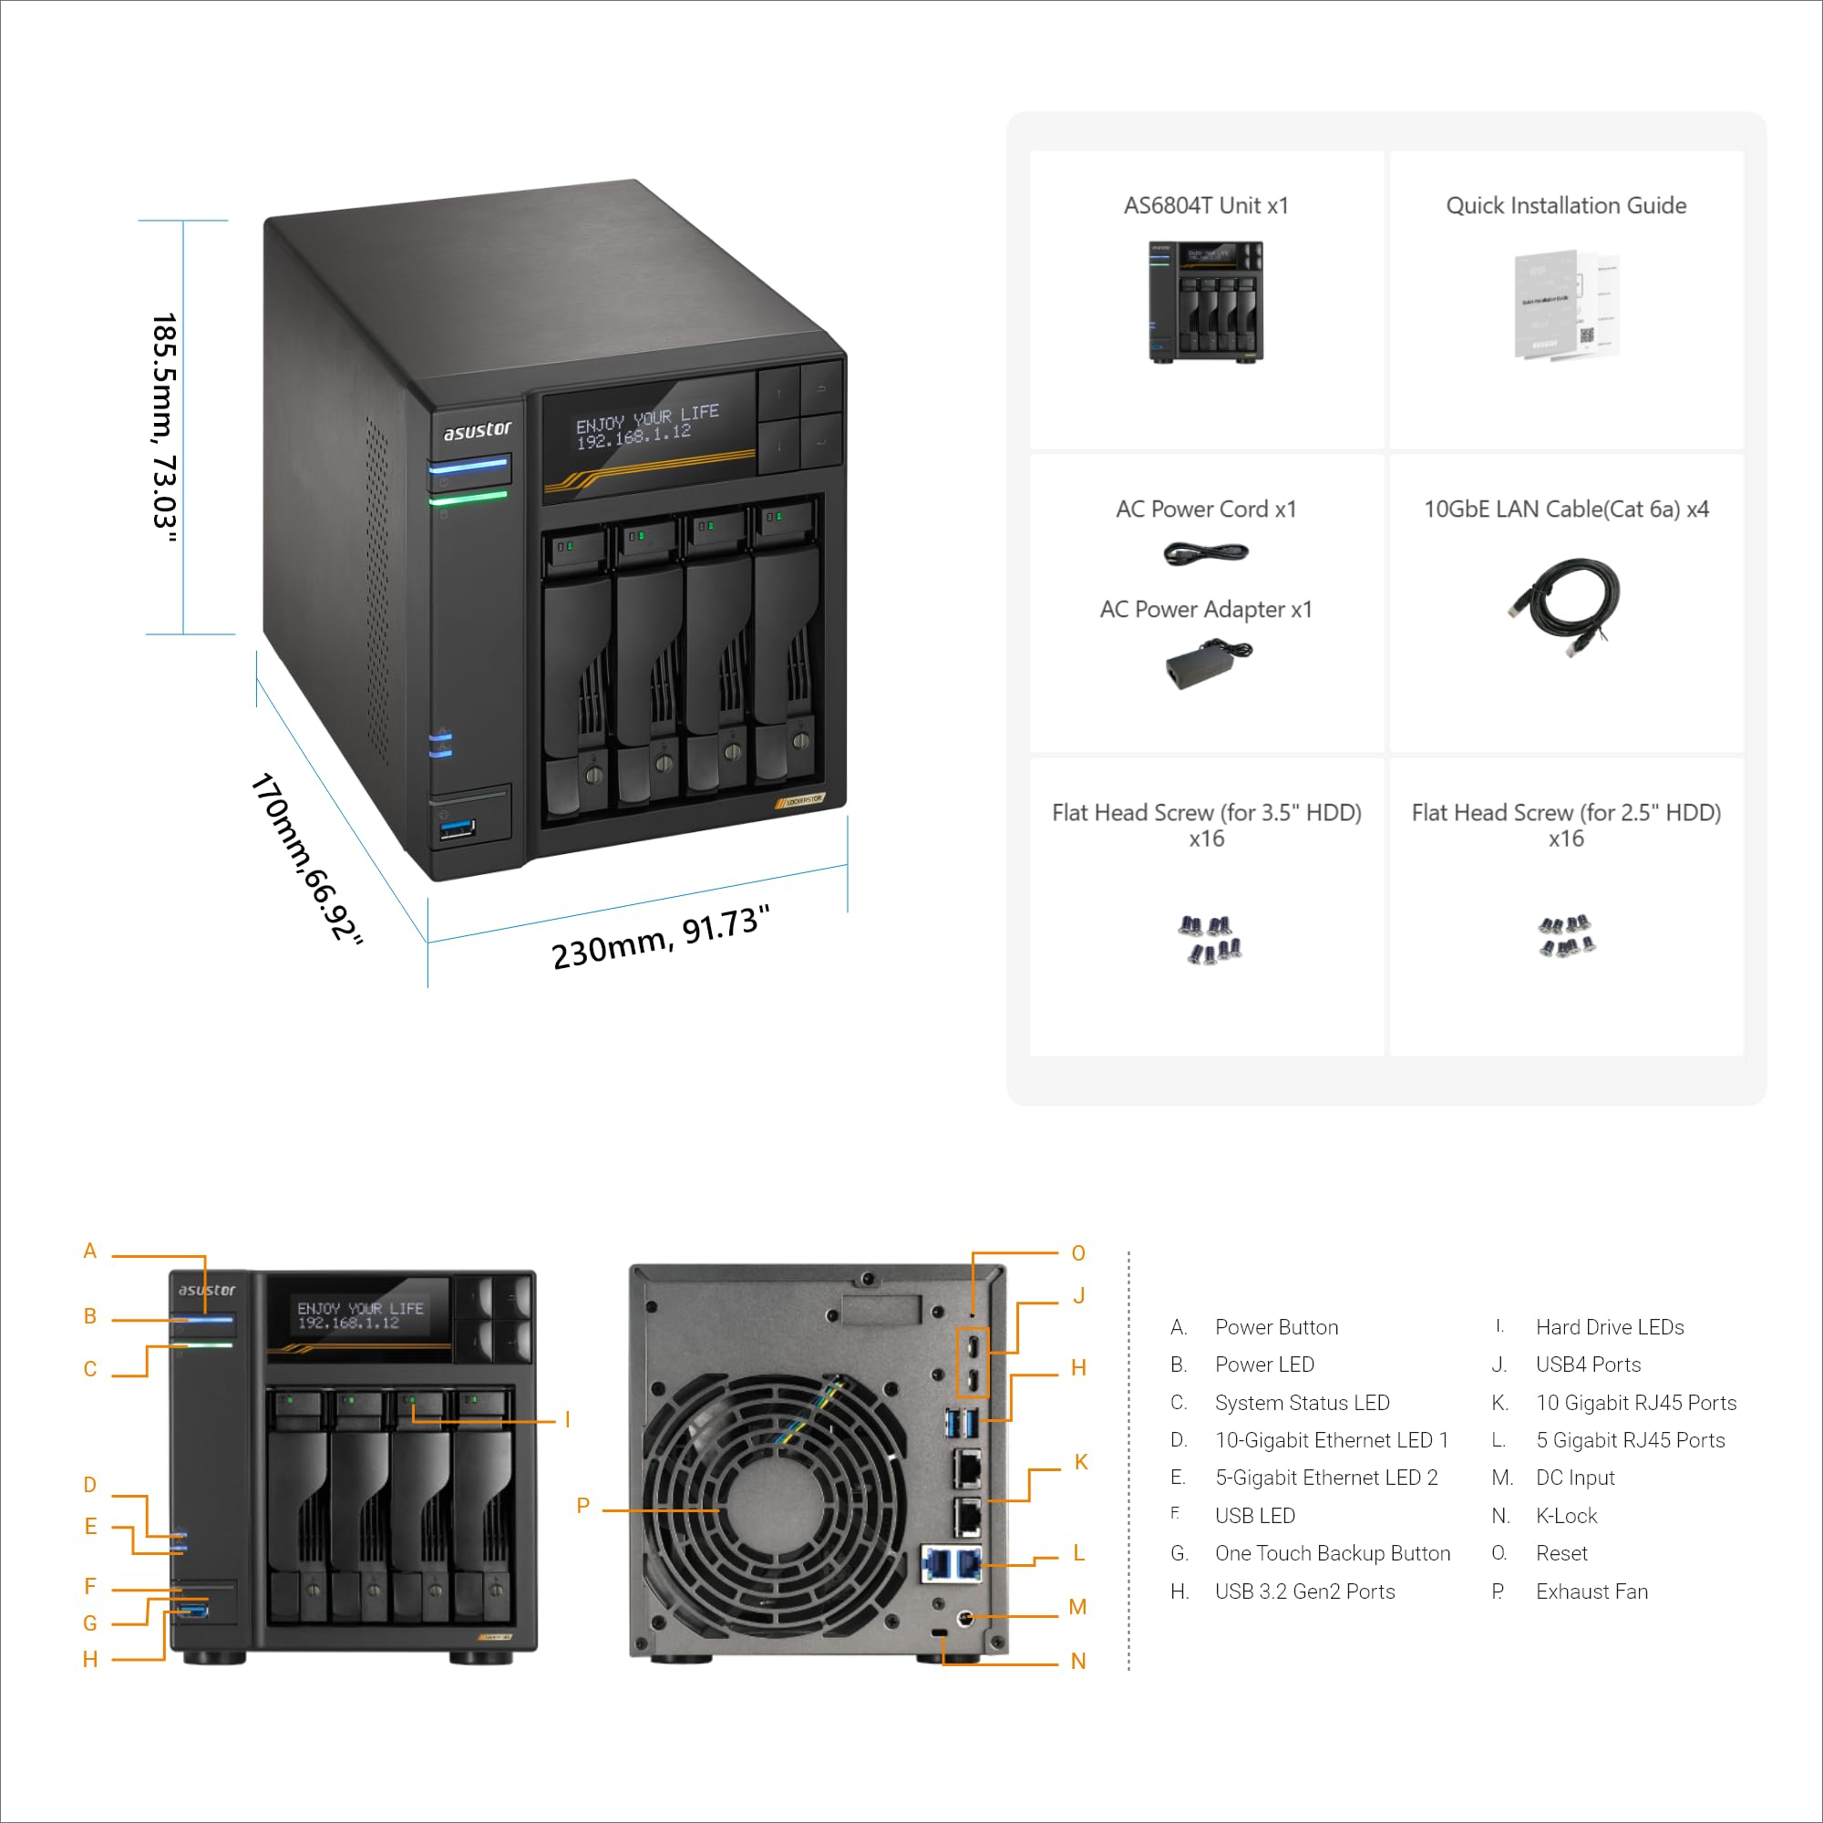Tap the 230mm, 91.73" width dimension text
click(x=661, y=937)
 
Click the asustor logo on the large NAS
click(x=478, y=430)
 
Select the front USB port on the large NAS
click(x=458, y=829)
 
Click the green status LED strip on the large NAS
click(x=469, y=497)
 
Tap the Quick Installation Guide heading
click(x=1565, y=206)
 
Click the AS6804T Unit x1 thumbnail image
click(x=1205, y=300)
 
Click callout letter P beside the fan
click(x=583, y=1505)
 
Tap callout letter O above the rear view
click(x=1078, y=1253)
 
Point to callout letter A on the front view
click(x=89, y=1251)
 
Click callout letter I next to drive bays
click(x=567, y=1419)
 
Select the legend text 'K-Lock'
click(x=1566, y=1516)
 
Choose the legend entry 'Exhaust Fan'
click(x=1591, y=1591)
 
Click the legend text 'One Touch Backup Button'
click(x=1332, y=1553)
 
